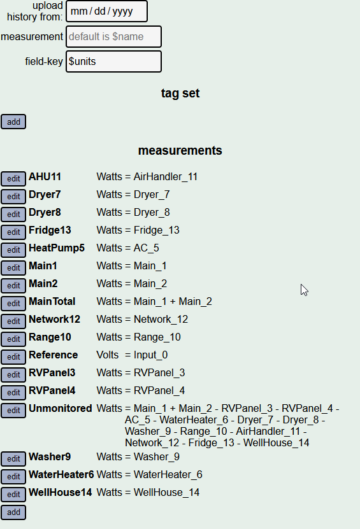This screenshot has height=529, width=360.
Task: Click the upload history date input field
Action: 106,11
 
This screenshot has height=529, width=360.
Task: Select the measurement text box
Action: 114,36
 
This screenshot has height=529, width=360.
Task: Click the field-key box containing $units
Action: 114,61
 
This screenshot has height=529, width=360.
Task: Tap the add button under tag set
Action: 13,122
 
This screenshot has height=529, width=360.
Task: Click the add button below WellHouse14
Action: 13,512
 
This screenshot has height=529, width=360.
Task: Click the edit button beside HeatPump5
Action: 13,250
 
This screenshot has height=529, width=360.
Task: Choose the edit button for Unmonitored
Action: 13,411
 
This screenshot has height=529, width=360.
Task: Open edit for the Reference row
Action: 13,357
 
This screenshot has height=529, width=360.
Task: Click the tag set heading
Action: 180,93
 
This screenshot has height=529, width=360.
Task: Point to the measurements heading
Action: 180,150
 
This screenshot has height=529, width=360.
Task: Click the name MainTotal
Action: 52,301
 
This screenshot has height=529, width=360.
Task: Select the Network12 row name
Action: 54,319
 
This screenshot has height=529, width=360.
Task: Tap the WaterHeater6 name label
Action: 61,474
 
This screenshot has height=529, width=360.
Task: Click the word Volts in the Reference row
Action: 108,355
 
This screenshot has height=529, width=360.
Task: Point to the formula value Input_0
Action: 150,355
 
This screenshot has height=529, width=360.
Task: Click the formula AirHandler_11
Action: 166,177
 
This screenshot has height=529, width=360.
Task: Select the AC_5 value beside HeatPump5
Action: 146,248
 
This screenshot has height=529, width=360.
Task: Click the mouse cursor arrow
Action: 304,290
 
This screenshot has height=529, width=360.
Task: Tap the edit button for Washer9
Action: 13,459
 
